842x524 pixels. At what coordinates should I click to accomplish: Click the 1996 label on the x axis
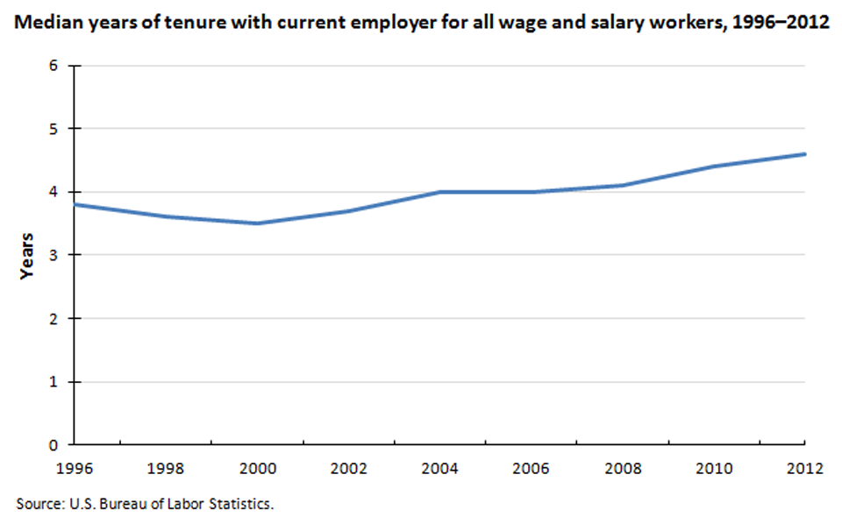[x=73, y=467]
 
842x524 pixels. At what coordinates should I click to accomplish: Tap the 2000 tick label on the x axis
[x=256, y=467]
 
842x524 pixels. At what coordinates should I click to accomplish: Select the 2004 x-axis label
[x=439, y=467]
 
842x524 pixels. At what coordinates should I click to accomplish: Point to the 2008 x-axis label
[x=622, y=467]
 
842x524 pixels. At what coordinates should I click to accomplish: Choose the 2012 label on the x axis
[x=804, y=467]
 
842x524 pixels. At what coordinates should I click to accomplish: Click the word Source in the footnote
[x=36, y=504]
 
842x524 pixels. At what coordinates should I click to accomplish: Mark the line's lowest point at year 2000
[x=256, y=223]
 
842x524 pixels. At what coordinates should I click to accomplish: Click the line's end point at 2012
[x=804, y=154]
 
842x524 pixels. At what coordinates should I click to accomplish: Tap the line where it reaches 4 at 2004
[x=439, y=192]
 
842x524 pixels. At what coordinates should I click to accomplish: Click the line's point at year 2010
[x=713, y=166]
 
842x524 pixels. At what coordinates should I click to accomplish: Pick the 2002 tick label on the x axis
[x=347, y=467]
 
